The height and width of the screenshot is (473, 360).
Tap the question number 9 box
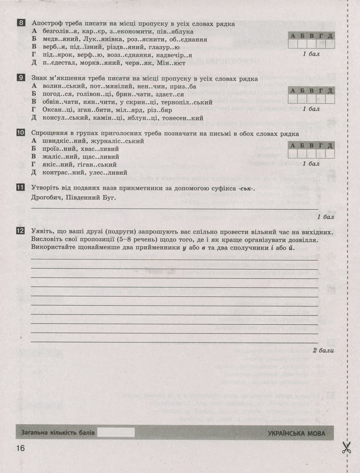(x=21, y=78)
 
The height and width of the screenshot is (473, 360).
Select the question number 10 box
(x=21, y=133)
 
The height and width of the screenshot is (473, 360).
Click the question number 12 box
(x=21, y=231)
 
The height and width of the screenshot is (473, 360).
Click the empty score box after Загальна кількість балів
(x=116, y=432)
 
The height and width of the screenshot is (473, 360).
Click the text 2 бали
(x=323, y=350)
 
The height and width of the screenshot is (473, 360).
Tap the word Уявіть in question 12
(x=43, y=232)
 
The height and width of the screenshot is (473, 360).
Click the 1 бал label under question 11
(x=325, y=217)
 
